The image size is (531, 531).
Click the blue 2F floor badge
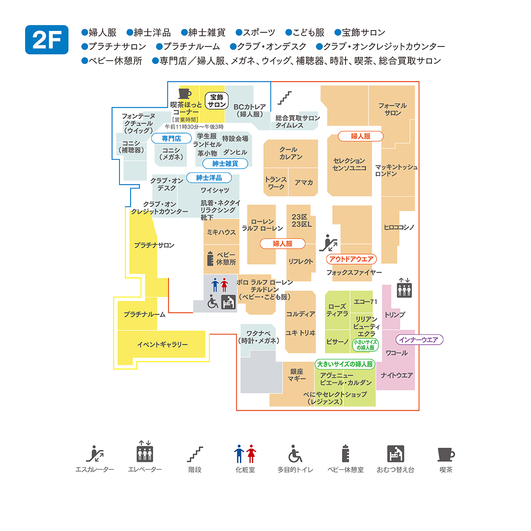47,40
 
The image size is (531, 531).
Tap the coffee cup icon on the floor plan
185,93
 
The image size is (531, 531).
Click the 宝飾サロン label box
217,101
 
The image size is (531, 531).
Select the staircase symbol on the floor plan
285,98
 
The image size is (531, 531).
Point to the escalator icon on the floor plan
328,243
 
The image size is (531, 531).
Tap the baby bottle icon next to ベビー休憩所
211,258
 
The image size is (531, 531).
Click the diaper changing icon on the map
228,302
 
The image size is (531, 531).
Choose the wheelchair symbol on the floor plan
213,302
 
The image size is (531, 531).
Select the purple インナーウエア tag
419,340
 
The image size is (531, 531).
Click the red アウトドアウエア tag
351,259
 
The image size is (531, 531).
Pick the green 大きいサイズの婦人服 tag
345,364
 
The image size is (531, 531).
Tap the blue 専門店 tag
171,139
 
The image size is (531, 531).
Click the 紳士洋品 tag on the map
209,178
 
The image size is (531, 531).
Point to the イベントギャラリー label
162,344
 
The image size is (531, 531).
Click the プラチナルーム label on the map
145,314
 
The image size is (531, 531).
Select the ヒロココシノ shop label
399,227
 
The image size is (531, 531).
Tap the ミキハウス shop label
221,232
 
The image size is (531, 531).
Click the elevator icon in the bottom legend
145,452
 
